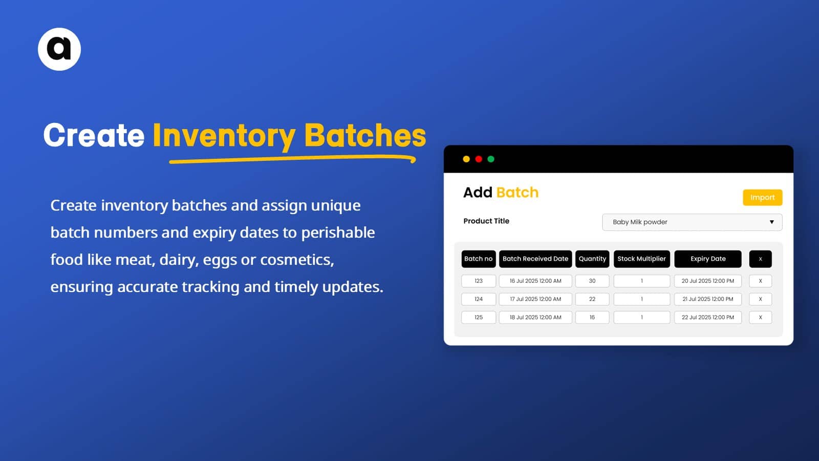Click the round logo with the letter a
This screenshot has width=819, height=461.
point(59,49)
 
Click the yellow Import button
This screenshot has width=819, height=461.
point(762,197)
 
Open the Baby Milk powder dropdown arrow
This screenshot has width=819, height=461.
point(771,222)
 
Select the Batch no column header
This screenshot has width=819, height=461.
point(478,259)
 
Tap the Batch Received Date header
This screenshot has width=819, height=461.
point(535,259)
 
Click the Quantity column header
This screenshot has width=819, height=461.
point(592,259)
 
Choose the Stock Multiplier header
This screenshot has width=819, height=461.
point(641,259)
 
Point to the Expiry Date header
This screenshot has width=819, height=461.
point(707,259)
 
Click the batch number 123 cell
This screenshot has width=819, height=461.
point(478,281)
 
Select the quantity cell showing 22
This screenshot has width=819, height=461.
point(592,299)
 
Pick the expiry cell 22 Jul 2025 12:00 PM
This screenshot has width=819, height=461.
point(707,317)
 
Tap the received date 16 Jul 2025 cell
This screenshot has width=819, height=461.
point(535,281)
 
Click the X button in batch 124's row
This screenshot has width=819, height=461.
point(760,299)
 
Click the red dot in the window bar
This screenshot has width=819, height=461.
point(479,159)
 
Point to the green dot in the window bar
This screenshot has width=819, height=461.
point(491,159)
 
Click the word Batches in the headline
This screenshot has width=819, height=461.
point(365,135)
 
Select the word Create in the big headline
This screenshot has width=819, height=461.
point(94,135)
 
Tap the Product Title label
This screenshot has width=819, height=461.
point(486,221)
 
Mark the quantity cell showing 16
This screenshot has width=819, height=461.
point(592,317)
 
